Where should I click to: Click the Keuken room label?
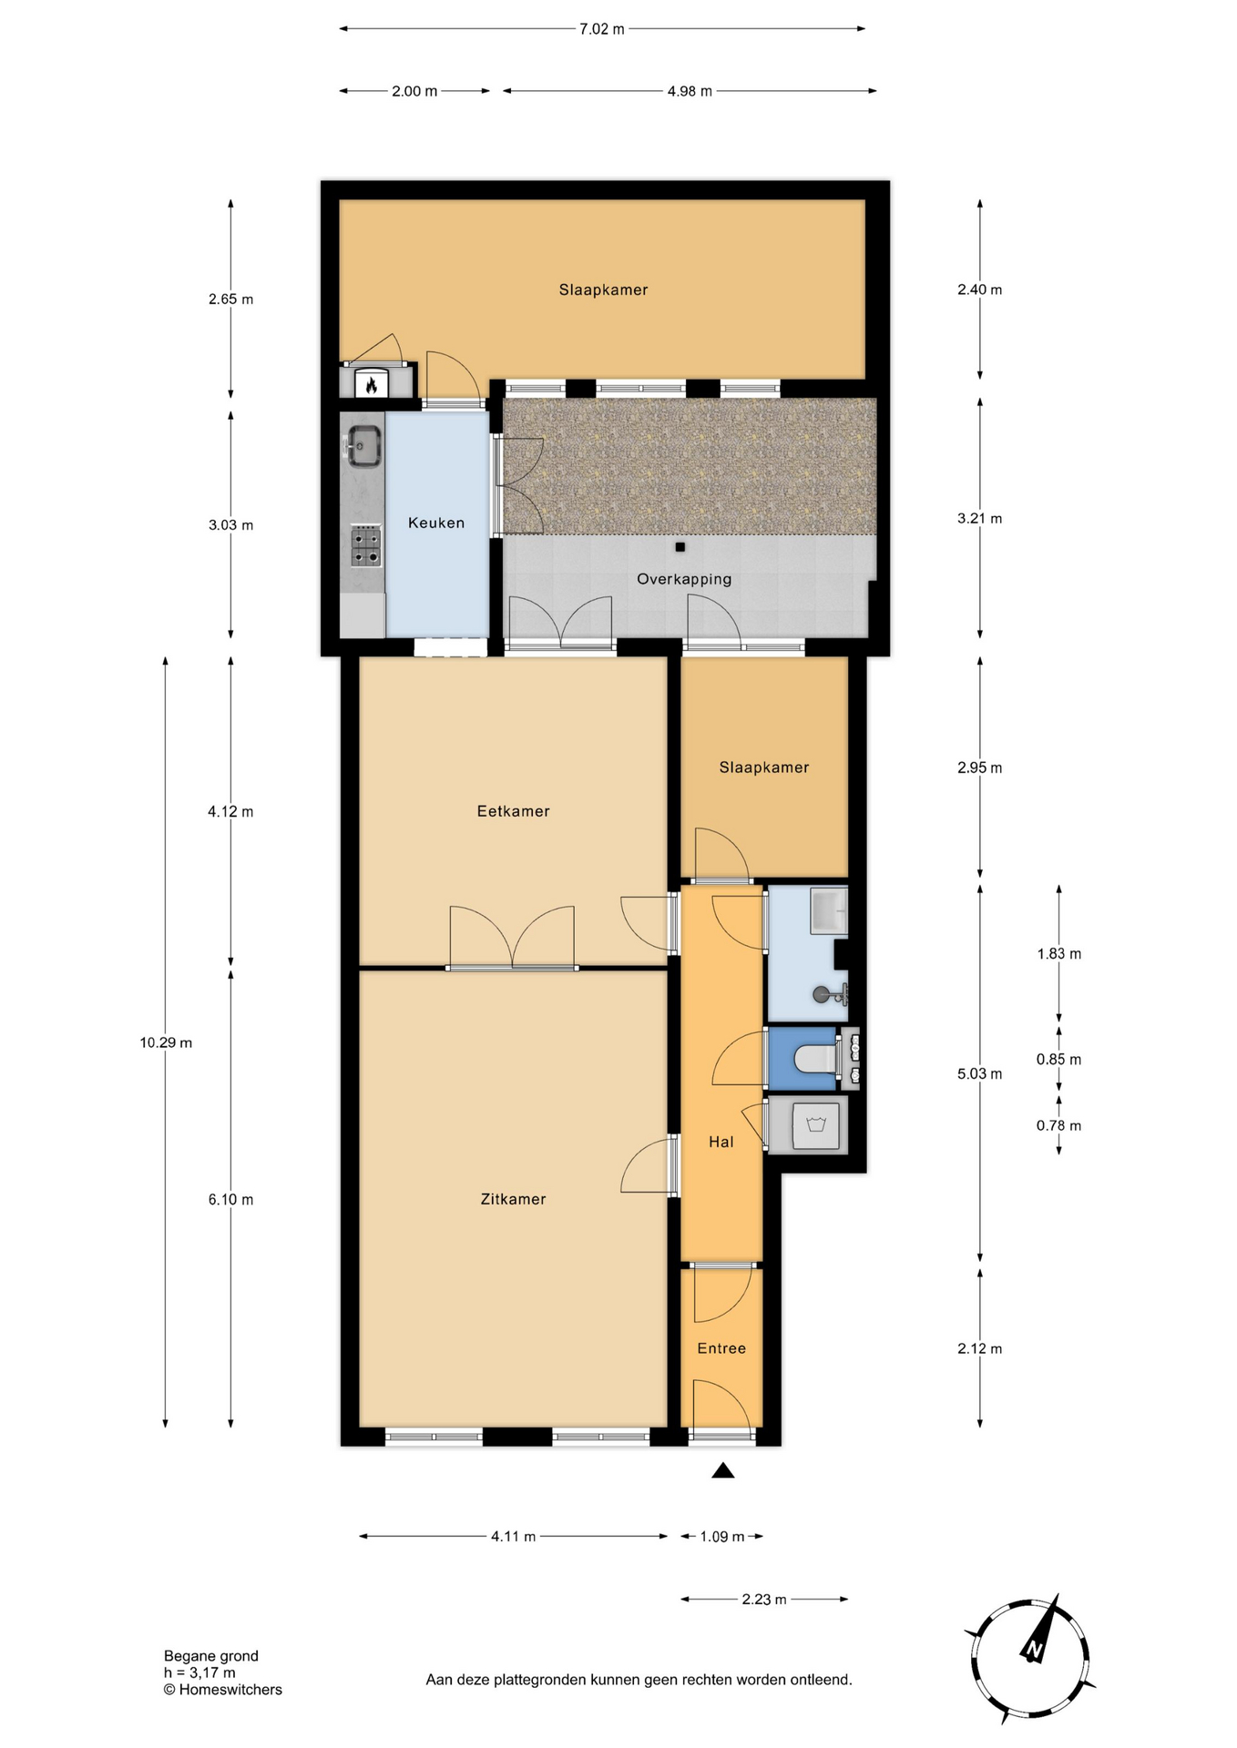tap(436, 523)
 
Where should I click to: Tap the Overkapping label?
tap(684, 579)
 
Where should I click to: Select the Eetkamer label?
tap(514, 811)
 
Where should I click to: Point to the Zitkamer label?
tap(514, 1199)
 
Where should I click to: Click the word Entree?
tap(721, 1348)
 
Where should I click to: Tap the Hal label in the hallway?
tap(721, 1142)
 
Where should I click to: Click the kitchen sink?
tap(363, 445)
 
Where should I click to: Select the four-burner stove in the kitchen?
tap(366, 546)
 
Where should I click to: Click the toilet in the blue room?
tap(816, 1058)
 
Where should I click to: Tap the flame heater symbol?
tap(371, 384)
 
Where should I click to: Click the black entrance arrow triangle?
tap(723, 1470)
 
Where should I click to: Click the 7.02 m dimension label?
tap(602, 29)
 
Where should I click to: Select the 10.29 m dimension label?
tap(166, 1043)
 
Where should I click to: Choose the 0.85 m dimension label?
tap(1059, 1060)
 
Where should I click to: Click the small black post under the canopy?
tap(680, 547)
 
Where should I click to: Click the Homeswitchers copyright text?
tap(223, 1690)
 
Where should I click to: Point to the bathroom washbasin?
tap(830, 910)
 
